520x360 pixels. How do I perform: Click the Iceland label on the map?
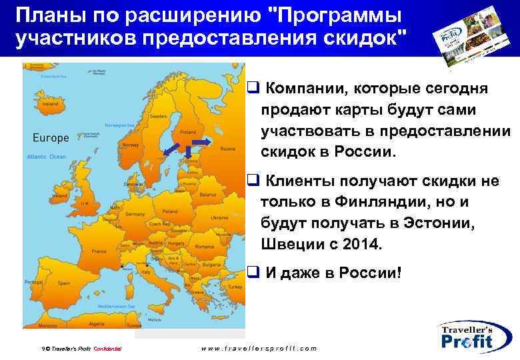[49, 104]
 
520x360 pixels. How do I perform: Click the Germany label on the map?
[135, 214]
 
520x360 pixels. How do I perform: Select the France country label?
[99, 251]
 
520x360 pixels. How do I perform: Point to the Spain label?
[64, 283]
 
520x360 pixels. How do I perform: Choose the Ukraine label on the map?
[219, 217]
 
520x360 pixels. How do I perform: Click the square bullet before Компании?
[252, 87]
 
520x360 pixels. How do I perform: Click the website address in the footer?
[259, 348]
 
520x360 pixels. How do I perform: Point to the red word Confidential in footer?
[107, 349]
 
